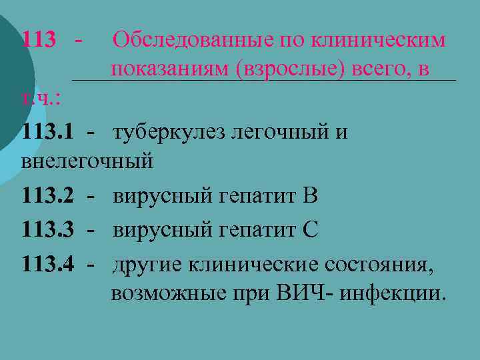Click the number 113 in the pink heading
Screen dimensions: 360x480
[39, 39]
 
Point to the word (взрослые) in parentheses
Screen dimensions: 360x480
[290, 69]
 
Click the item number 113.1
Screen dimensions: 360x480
[47, 132]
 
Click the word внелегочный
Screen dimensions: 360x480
[87, 161]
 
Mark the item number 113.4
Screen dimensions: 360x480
[47, 263]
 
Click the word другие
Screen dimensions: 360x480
[147, 263]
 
